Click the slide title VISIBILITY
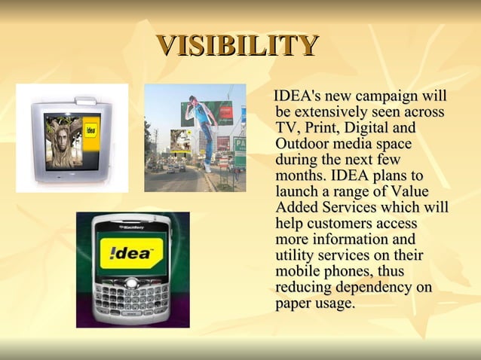click(x=237, y=46)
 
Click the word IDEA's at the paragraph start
click(x=300, y=97)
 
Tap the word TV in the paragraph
click(x=286, y=127)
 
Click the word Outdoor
click(x=302, y=143)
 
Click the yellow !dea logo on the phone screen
click(x=132, y=253)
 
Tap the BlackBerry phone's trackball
click(x=132, y=284)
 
